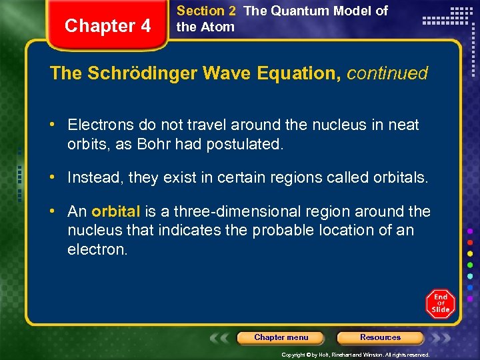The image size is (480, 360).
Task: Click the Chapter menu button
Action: [x=281, y=338]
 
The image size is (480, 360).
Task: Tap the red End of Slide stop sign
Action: [x=440, y=303]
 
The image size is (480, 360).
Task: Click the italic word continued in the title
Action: [x=387, y=73]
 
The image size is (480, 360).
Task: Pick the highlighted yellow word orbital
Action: [x=116, y=212]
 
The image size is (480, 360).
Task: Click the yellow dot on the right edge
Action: [x=471, y=254]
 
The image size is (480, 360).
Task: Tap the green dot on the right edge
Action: [x=471, y=265]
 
